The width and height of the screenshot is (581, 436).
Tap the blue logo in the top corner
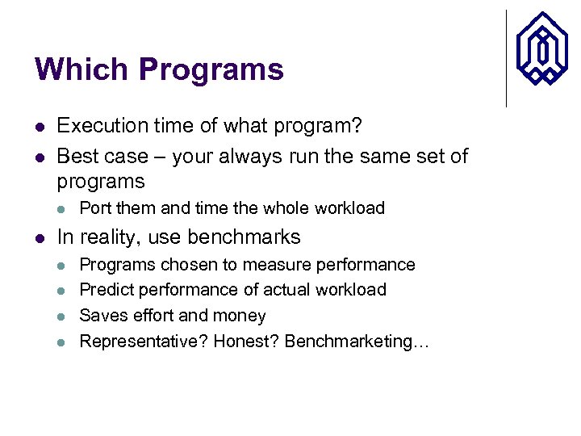542,48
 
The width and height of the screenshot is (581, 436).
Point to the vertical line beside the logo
507,58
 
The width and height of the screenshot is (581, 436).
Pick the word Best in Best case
76,155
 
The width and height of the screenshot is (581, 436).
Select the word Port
95,208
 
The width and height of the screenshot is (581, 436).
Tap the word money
241,316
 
